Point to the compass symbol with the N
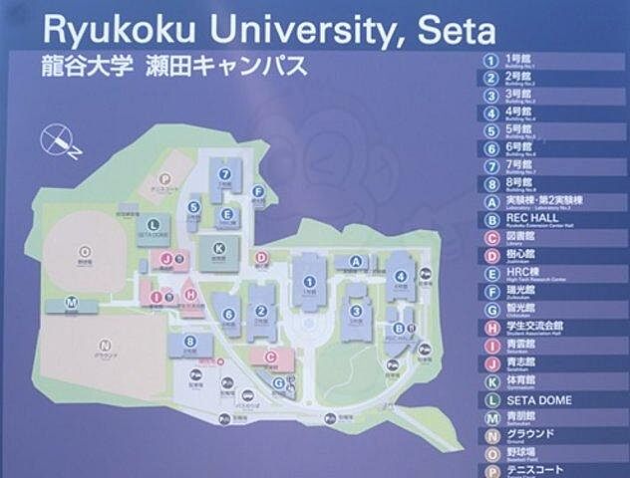(x=58, y=142)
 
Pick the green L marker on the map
(x=152, y=225)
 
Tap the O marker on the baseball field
(x=85, y=251)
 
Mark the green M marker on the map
(x=72, y=300)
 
